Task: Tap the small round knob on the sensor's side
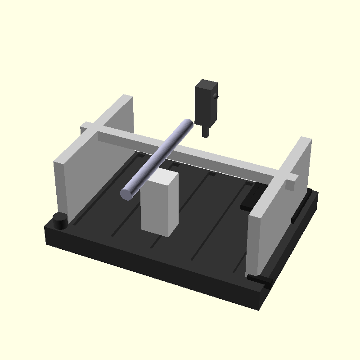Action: point(216,96)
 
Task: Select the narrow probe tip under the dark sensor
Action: point(205,131)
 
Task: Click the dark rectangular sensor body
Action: point(205,103)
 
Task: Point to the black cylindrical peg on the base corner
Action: point(60,221)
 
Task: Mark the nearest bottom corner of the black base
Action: point(259,308)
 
